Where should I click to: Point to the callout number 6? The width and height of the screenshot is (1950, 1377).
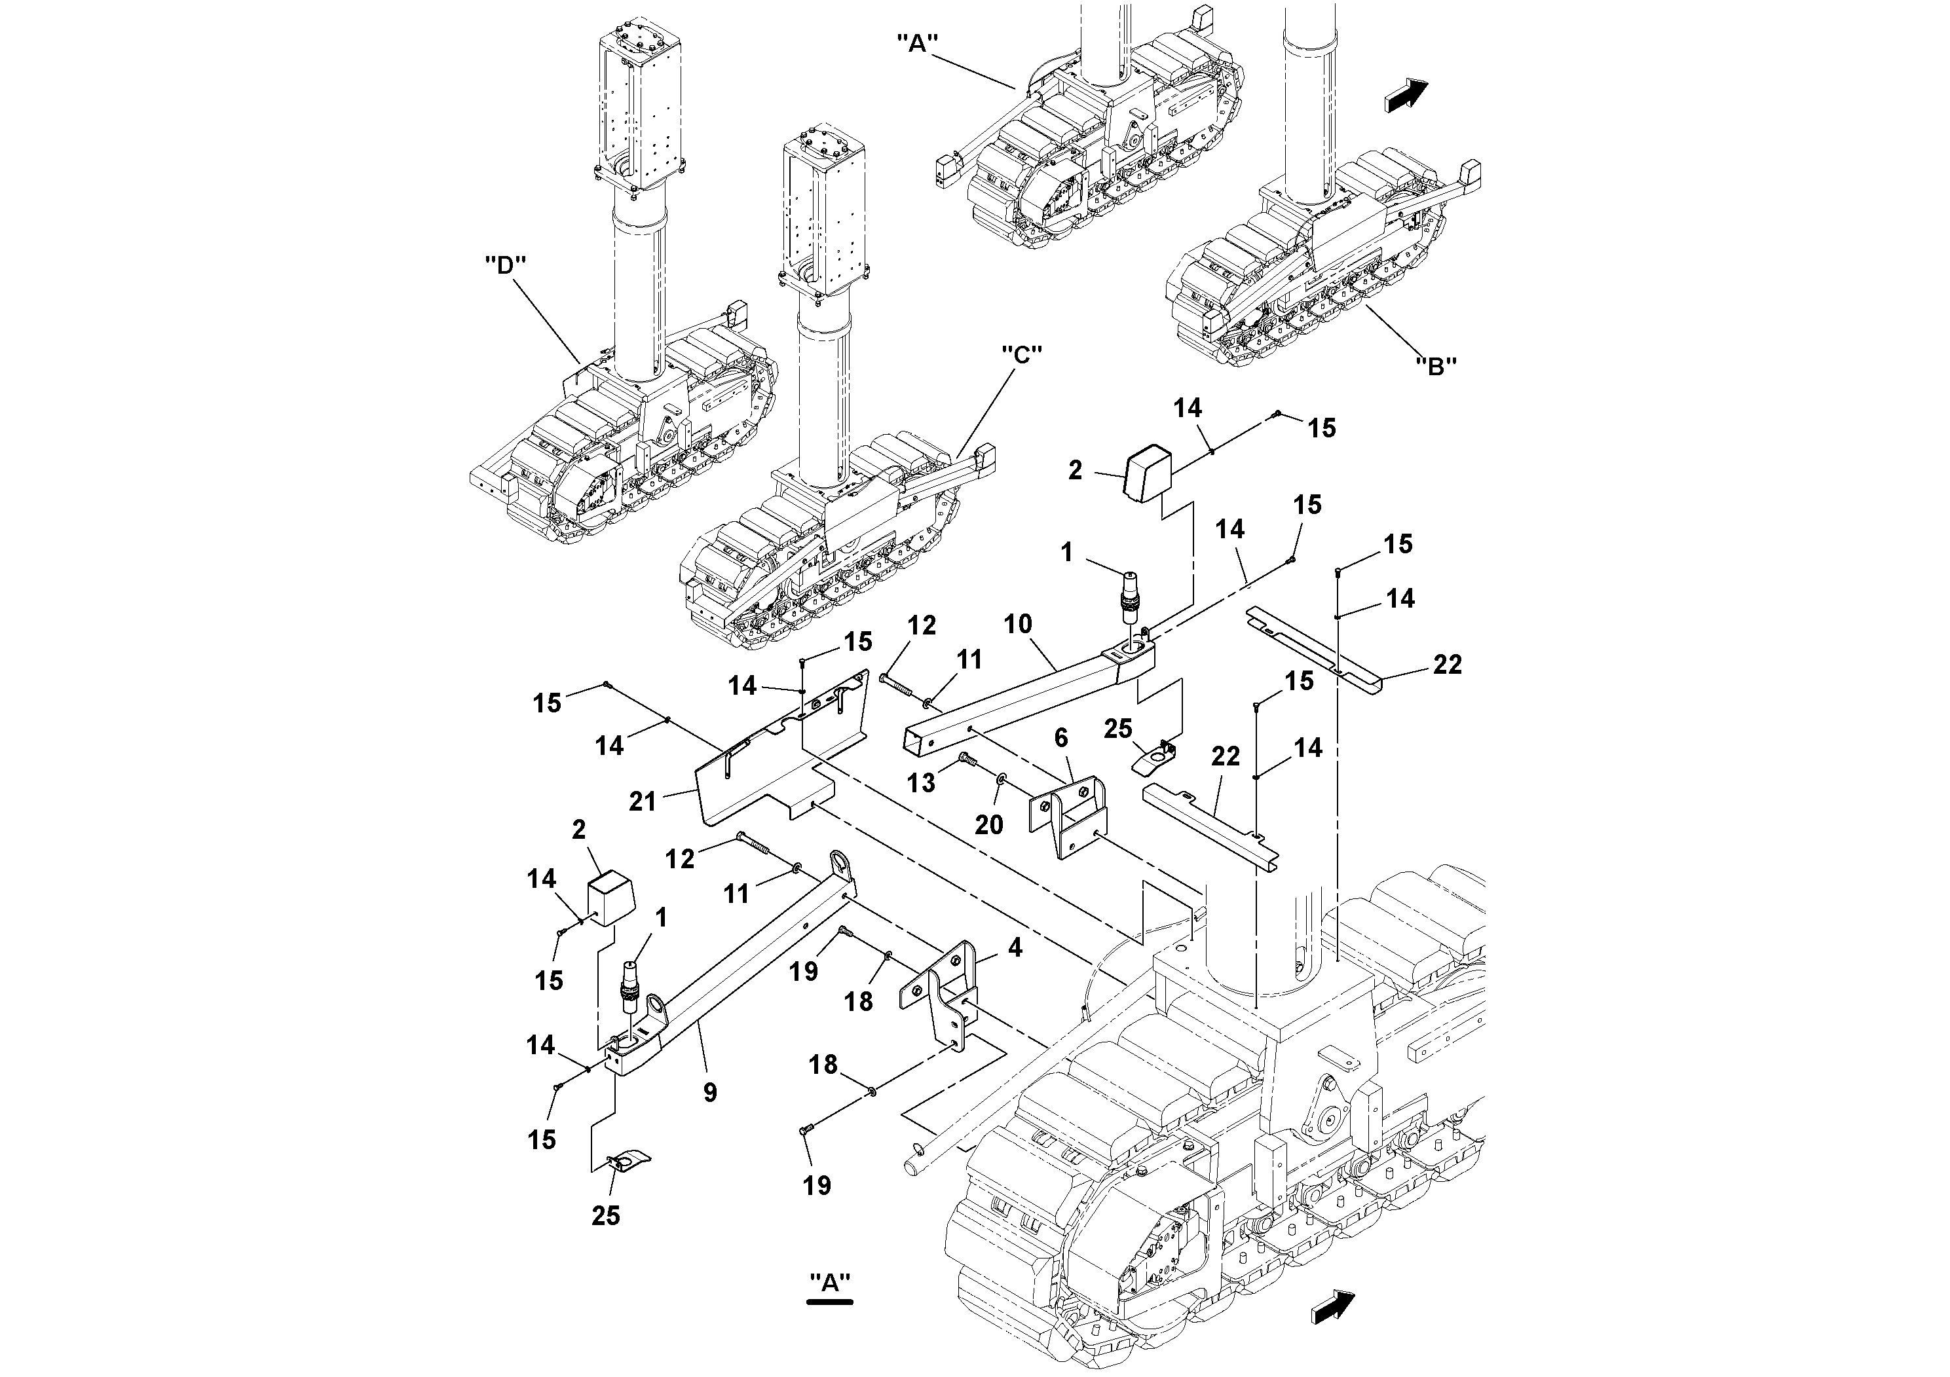point(1062,739)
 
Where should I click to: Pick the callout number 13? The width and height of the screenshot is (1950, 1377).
point(921,782)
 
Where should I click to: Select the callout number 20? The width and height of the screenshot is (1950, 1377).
point(988,824)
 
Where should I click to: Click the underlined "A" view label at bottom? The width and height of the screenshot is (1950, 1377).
point(830,1283)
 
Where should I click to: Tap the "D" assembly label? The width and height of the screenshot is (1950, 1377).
point(505,265)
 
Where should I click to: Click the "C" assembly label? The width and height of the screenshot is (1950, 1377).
point(1022,354)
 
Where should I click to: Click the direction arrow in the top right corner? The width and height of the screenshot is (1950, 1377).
point(1406,94)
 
